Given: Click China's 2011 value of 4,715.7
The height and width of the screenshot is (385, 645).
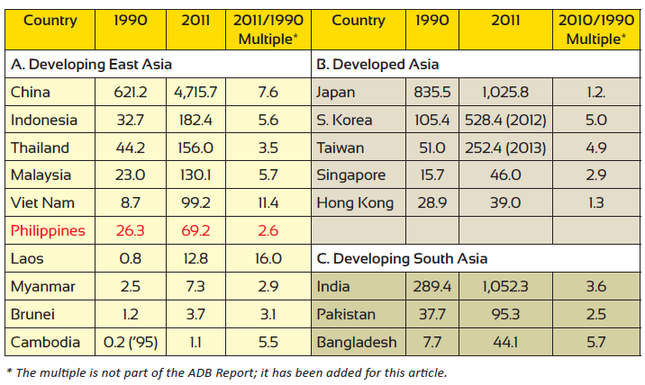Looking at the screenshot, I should click(195, 92).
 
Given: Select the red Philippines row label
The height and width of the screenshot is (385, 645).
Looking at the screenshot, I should click(48, 231).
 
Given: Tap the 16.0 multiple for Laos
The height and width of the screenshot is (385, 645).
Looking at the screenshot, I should click(268, 259).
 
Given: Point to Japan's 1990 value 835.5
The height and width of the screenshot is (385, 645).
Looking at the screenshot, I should click(431, 92).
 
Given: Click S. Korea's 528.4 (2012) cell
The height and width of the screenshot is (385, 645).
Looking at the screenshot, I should click(502, 120).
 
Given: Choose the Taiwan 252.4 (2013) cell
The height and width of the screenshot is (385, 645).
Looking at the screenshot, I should click(502, 148).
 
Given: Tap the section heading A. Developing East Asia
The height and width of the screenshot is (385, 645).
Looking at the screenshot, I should click(91, 64).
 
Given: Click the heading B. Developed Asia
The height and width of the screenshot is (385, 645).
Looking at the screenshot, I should click(377, 64).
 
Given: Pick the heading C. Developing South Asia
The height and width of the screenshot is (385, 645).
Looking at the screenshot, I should click(402, 259).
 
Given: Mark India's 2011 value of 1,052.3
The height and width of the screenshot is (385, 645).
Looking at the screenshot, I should click(502, 287).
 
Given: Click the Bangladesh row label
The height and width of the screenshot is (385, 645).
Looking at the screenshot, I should click(358, 343).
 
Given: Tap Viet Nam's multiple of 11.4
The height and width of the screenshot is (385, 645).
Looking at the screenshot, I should click(268, 203).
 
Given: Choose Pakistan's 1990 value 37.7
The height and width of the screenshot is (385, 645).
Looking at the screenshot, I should click(431, 315).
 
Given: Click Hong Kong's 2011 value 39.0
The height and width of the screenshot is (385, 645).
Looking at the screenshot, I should click(502, 203).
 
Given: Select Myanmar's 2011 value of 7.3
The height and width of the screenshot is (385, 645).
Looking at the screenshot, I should click(195, 287).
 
